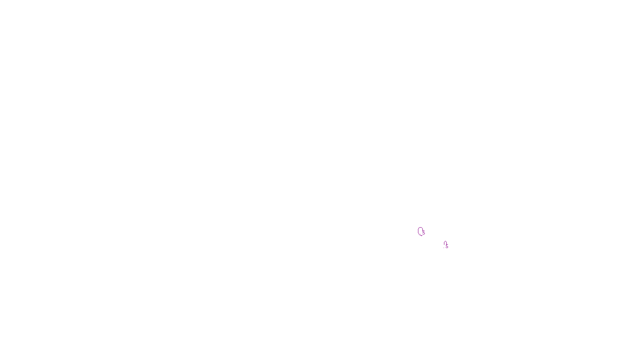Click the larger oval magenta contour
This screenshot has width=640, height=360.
[420, 231]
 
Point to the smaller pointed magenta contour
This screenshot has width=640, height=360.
[445, 244]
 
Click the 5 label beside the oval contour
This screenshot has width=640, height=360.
[424, 233]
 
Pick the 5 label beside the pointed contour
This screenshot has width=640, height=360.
[447, 246]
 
